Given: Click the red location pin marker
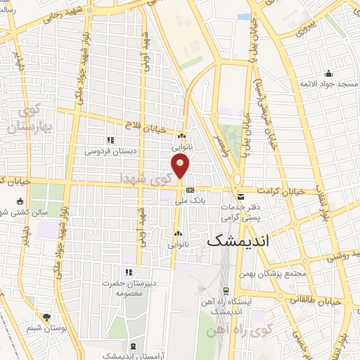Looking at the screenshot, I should (x=181, y=167).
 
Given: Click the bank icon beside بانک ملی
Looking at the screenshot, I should (x=190, y=191).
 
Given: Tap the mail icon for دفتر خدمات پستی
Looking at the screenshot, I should (x=240, y=196).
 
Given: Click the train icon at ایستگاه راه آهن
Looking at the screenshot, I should (x=225, y=290).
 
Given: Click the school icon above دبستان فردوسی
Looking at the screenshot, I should (x=110, y=140).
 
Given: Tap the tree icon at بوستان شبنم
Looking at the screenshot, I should (x=46, y=318).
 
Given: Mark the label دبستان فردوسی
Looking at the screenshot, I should (x=109, y=150).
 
